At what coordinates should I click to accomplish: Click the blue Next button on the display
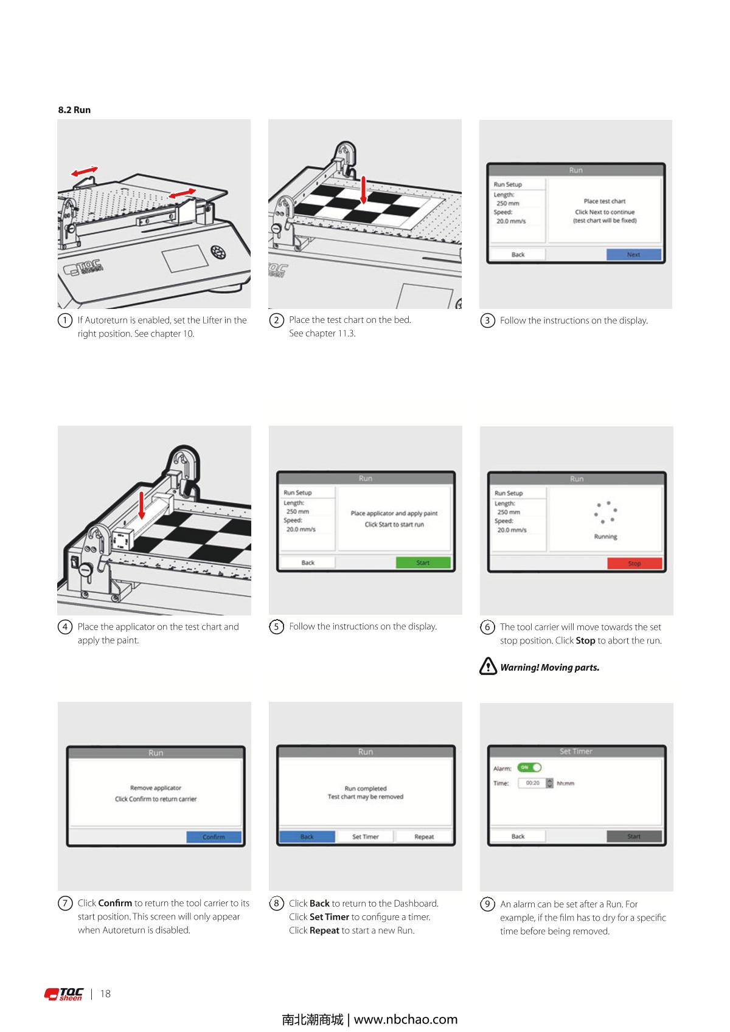633,254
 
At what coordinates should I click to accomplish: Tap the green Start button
423,563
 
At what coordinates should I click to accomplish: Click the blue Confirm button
214,837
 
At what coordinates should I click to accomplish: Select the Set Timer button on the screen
365,836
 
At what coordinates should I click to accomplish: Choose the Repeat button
423,836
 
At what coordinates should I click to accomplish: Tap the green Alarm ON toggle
529,767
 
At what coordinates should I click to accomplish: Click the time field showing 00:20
532,783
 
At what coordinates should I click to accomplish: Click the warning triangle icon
488,666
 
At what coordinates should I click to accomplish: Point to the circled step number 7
65,903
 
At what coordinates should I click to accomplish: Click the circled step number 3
487,320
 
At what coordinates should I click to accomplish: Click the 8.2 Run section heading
74,109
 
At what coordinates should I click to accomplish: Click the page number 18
105,994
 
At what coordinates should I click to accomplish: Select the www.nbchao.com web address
406,1019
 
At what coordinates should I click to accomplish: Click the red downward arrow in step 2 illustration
364,190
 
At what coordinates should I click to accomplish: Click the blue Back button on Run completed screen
307,836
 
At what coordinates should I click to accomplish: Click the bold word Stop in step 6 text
585,640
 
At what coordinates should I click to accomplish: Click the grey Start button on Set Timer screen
634,836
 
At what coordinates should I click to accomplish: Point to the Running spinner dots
605,512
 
